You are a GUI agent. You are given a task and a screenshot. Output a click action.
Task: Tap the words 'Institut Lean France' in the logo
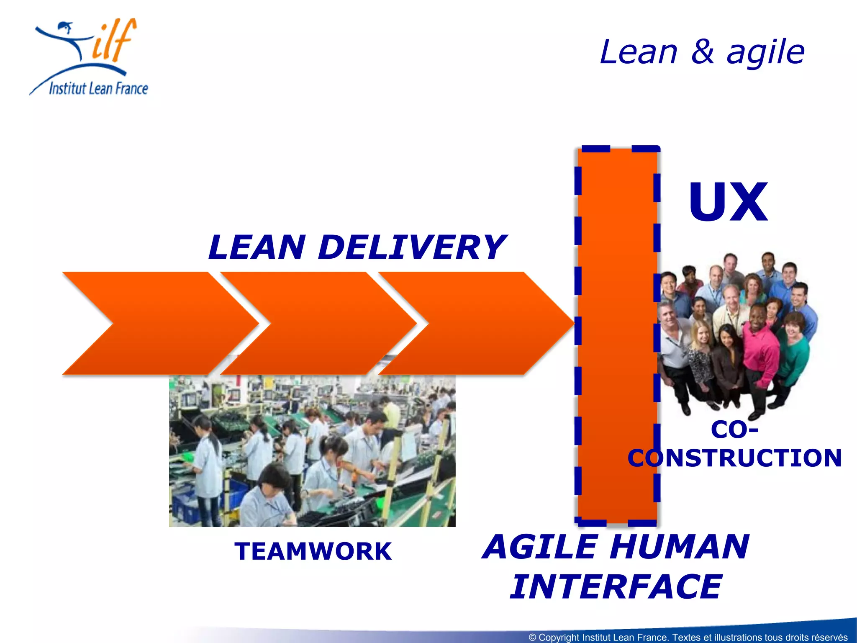pyautogui.click(x=98, y=88)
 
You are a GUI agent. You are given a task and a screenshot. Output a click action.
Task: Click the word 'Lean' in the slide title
pyautogui.click(x=638, y=52)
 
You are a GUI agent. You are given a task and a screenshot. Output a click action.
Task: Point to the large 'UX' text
pyautogui.click(x=728, y=203)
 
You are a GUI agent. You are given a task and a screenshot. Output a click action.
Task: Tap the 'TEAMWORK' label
pyautogui.click(x=313, y=551)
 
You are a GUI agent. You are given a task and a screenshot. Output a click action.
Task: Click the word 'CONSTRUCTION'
pyautogui.click(x=734, y=458)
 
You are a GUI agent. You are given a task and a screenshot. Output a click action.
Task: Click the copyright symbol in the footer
pyautogui.click(x=532, y=637)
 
